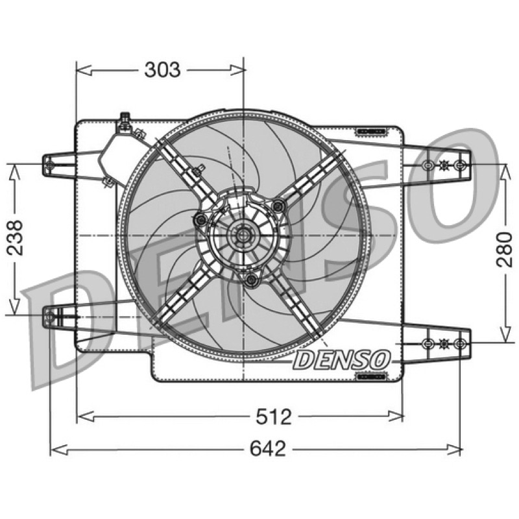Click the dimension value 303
(163, 70)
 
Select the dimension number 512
(273, 416)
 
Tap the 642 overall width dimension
(267, 449)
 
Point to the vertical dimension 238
(15, 237)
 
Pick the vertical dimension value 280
(504, 250)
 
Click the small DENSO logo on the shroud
(342, 360)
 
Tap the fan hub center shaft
(243, 235)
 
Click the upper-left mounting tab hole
(50, 164)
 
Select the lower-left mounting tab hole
(49, 317)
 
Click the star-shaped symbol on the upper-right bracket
(444, 165)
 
